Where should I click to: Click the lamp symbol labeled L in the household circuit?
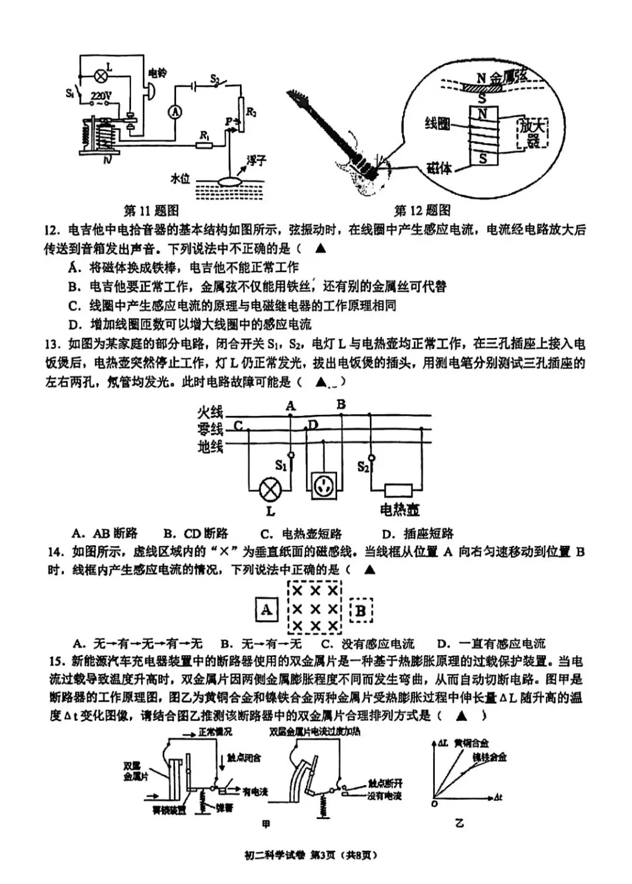coord(270,490)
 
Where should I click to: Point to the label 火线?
coord(210,413)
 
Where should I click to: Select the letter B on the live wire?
coord(341,404)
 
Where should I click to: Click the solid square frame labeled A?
coord(267,610)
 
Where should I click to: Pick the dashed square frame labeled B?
coord(361,611)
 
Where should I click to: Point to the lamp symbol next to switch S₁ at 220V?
coord(102,75)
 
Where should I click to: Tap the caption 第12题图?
coord(422,210)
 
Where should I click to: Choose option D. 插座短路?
coord(417,533)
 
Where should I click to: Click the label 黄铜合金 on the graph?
coord(472,743)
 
